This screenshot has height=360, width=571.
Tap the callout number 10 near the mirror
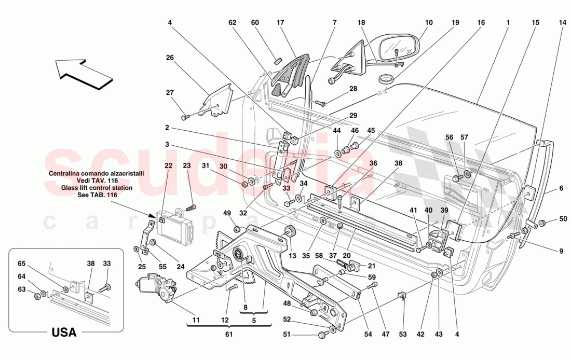pos(428,23)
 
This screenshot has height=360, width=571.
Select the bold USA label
pos(64,332)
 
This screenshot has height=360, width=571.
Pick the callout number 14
pos(563,23)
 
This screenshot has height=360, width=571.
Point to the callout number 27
pos(170,93)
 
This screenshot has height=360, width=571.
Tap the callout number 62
pos(232,23)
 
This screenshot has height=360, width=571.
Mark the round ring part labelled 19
pos(386,79)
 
